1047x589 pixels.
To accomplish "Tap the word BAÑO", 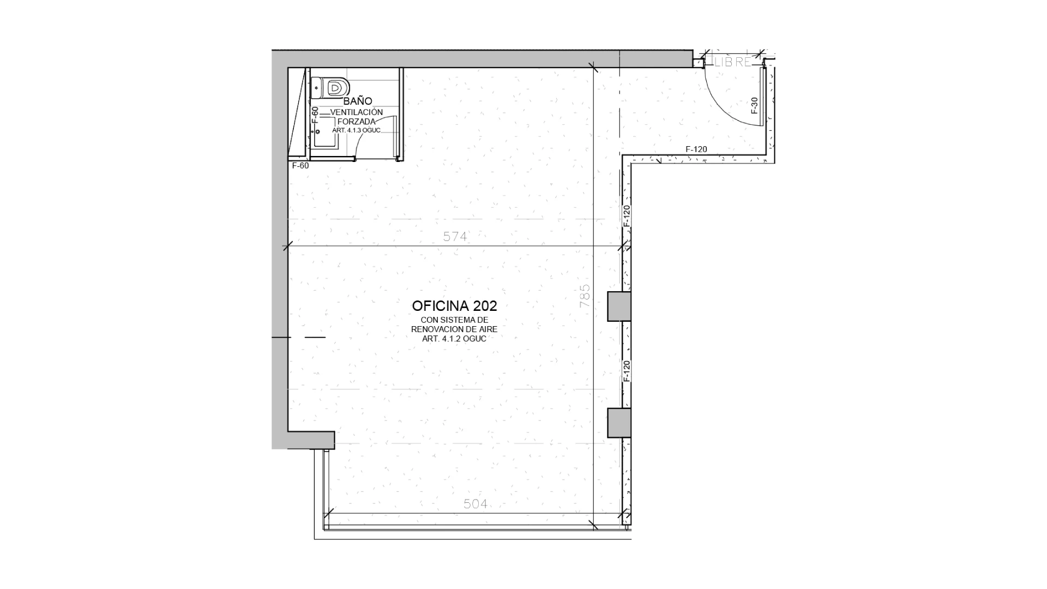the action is (358, 101).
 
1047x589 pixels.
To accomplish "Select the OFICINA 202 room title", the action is (454, 305).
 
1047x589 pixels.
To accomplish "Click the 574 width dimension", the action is (455, 237).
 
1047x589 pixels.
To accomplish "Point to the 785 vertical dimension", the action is (585, 296).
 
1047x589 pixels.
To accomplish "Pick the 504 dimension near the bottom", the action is (476, 504).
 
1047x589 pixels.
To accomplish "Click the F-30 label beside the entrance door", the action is (755, 105).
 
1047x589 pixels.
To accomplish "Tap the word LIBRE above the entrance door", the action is (732, 62).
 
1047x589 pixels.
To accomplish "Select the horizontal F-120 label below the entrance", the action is (696, 149).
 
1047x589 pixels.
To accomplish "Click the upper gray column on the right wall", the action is (619, 306).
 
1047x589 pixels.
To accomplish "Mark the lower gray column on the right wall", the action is (619, 423).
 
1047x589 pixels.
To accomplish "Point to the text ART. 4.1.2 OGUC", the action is (454, 339).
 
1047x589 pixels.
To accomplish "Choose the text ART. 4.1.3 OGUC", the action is (356, 131).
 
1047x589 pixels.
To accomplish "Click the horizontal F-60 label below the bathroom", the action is (300, 166).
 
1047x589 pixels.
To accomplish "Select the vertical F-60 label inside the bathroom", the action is (315, 115).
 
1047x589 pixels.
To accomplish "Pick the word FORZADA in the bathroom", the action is (357, 122).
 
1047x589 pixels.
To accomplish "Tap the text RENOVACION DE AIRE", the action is (454, 329).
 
